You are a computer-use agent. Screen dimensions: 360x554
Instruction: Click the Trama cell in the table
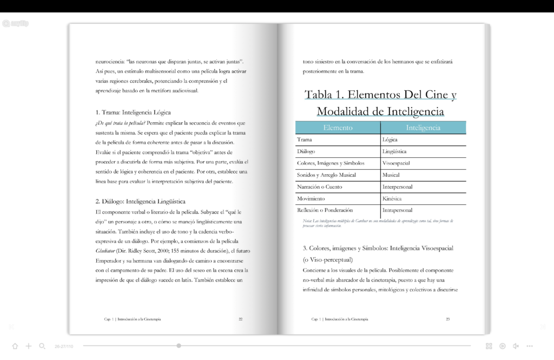(x=305, y=139)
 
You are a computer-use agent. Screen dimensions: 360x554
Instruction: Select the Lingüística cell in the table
(x=394, y=151)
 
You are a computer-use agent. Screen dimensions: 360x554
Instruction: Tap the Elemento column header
(x=338, y=128)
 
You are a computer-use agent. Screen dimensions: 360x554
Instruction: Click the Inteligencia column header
(x=423, y=128)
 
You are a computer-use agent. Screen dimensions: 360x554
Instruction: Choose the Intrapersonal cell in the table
(x=397, y=210)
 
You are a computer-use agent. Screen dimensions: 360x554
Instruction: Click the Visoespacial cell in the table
(x=396, y=163)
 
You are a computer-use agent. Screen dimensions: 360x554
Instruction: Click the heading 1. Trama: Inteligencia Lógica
(x=133, y=112)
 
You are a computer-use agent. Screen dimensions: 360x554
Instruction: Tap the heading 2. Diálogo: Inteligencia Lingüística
(x=140, y=201)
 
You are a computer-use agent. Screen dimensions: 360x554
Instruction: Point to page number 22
(x=241, y=319)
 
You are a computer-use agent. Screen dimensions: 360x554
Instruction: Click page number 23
(x=448, y=319)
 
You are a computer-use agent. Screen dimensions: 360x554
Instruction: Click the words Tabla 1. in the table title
(x=324, y=95)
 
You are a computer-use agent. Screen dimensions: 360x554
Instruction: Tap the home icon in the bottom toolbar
(x=15, y=346)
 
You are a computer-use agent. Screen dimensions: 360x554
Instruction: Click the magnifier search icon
(x=42, y=346)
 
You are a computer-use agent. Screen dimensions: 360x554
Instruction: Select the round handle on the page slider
(x=179, y=345)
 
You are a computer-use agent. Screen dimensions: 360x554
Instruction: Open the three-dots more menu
(x=530, y=346)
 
